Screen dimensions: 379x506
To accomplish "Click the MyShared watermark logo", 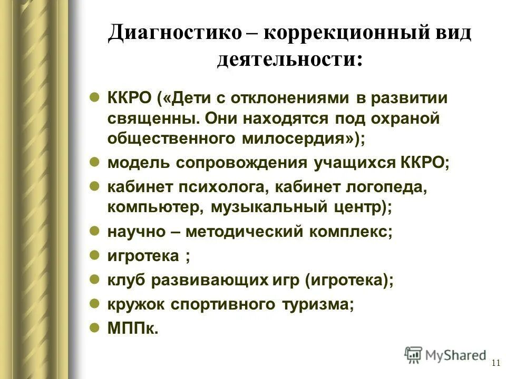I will [x=445, y=355].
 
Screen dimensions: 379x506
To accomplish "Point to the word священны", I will [x=152, y=118].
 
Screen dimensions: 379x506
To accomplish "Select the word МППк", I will [x=133, y=328].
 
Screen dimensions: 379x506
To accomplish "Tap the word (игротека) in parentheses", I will [x=348, y=280].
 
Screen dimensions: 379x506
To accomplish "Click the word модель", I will [x=138, y=163].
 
